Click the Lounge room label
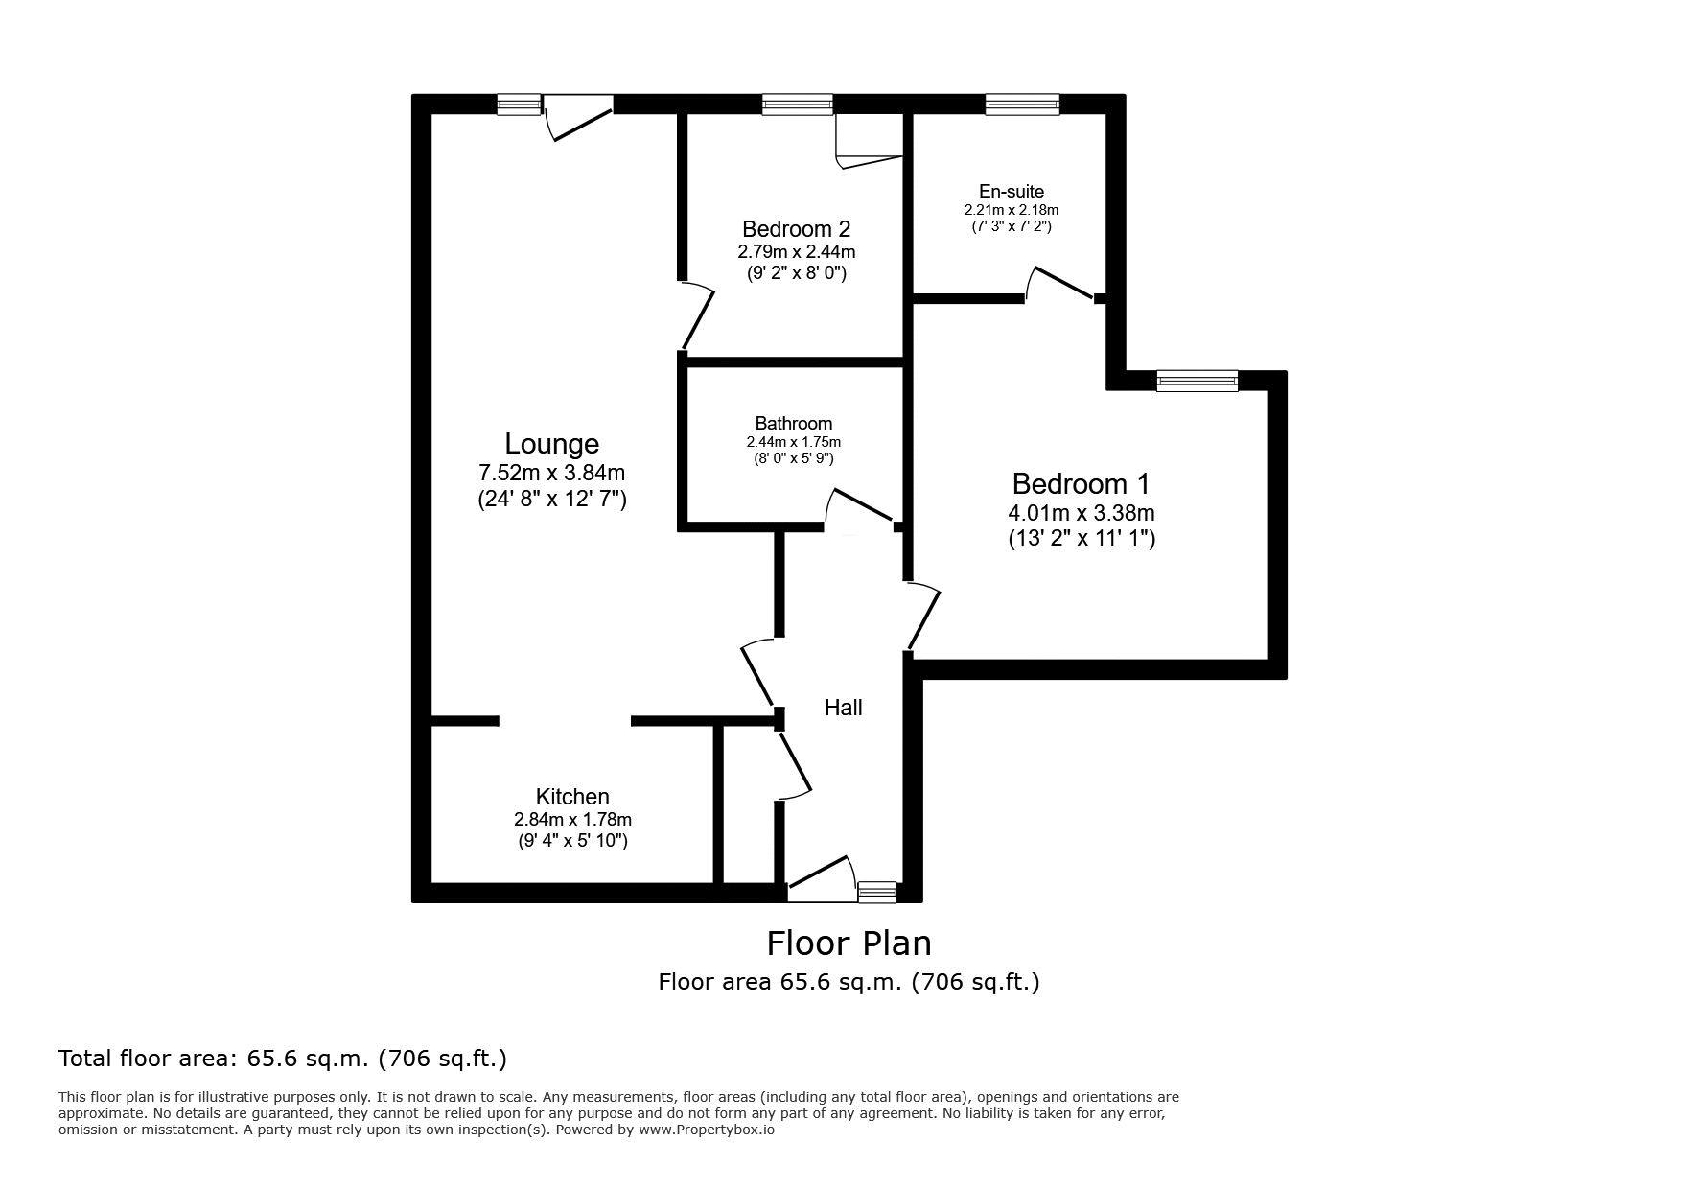(x=552, y=444)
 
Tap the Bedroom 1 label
(x=1081, y=483)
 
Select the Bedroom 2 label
(x=796, y=229)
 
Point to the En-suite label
(x=1012, y=191)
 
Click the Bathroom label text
(x=794, y=423)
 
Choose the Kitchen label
(x=572, y=797)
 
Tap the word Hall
(x=844, y=708)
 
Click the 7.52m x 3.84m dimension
(x=551, y=473)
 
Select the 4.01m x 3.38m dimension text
(x=1082, y=513)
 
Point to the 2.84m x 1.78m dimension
(x=572, y=820)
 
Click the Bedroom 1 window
(x=1198, y=382)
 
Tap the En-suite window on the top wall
(x=1022, y=105)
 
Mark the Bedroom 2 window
(x=798, y=105)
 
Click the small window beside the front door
(x=877, y=893)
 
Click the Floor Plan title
(x=849, y=943)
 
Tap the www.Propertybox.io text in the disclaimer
(x=707, y=1130)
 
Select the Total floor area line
(x=283, y=1059)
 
